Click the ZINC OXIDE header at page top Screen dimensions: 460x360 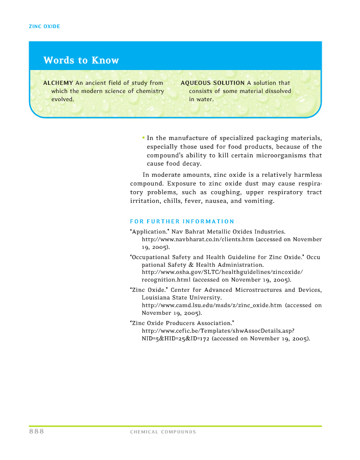[45, 26]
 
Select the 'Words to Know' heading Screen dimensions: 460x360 [81, 60]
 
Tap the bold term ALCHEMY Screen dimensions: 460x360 [58, 83]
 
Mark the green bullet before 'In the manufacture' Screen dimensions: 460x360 [144, 137]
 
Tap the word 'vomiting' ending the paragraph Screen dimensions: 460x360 [259, 201]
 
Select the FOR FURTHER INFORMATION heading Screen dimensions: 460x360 [182, 221]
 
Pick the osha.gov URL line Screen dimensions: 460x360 [222, 272]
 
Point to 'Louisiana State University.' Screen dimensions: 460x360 [181, 297]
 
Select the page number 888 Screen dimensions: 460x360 [36, 431]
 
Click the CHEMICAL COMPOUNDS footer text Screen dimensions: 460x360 [163, 432]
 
